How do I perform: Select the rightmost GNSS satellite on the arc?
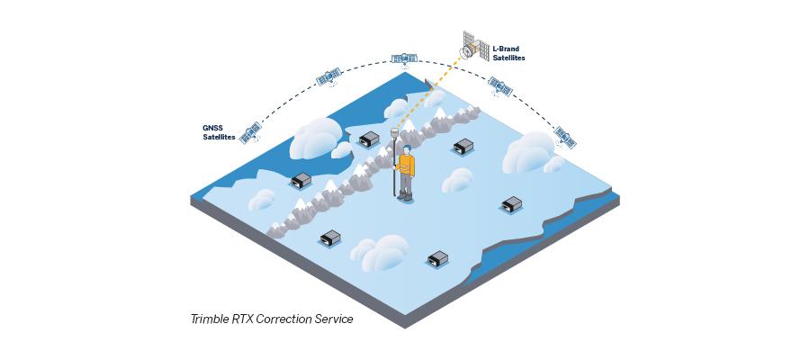tap(565, 138)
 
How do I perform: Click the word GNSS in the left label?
tap(212, 128)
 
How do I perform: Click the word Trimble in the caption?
tap(208, 319)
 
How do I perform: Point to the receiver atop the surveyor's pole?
tap(394, 131)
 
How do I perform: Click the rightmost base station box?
tap(512, 204)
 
